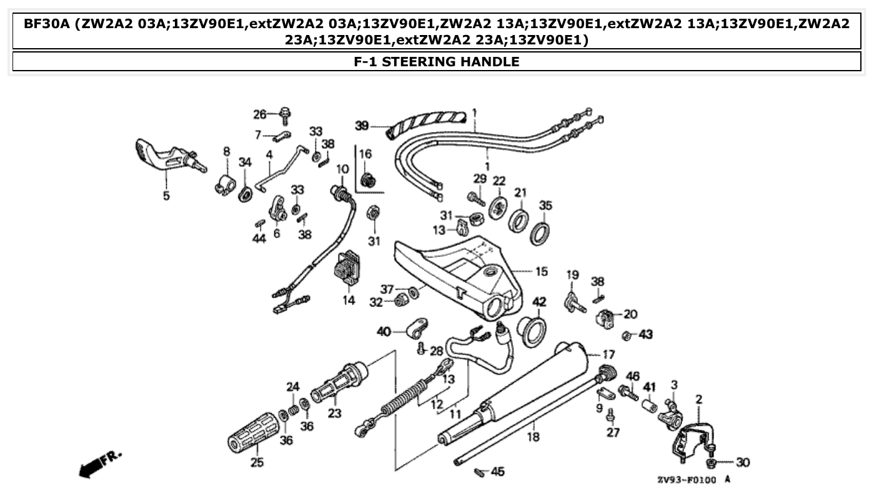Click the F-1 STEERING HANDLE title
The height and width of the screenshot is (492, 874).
pos(436,61)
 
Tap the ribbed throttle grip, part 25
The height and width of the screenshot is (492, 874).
pos(253,431)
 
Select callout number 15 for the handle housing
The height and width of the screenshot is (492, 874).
pos(541,271)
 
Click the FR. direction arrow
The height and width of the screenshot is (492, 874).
pos(100,463)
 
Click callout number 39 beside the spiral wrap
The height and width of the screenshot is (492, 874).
pos(362,126)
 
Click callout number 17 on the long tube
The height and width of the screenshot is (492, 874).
pos(608,354)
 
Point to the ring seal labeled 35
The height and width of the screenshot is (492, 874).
pos(541,232)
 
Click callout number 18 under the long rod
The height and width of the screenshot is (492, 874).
pos(533,437)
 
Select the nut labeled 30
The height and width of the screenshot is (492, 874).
pos(712,463)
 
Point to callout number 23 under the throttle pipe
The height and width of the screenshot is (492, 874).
pos(335,413)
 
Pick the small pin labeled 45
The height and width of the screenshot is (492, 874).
pos(480,471)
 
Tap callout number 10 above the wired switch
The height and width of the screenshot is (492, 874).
pos(342,169)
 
